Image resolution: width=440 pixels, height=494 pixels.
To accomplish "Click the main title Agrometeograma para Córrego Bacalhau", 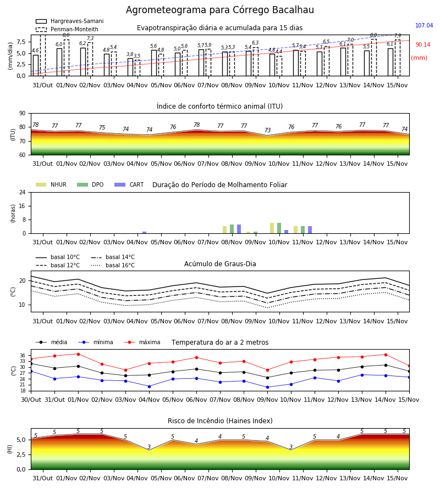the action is click(x=219, y=10).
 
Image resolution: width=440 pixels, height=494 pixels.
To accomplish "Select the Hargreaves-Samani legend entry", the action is click(x=69, y=21).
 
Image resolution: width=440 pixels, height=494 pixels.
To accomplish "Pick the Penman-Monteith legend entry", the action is click(x=67, y=29).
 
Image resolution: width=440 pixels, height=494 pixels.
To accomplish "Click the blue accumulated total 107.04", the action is click(x=424, y=25).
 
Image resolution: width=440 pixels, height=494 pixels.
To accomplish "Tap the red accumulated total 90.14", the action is click(x=423, y=45).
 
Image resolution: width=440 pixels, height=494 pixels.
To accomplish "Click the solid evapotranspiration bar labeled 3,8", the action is click(x=130, y=67).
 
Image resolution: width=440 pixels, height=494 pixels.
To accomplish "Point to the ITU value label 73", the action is click(x=268, y=130).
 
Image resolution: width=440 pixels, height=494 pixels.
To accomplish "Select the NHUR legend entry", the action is click(x=51, y=184).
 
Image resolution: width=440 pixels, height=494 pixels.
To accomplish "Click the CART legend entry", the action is click(x=129, y=184).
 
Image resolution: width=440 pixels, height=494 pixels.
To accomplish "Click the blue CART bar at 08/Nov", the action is click(x=239, y=229).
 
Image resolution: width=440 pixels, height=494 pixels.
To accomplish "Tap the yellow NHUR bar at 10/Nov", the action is click(x=272, y=228).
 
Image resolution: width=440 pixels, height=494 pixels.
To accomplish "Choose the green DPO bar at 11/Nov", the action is click(x=302, y=229).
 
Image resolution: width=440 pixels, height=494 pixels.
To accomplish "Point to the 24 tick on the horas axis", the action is click(x=23, y=192).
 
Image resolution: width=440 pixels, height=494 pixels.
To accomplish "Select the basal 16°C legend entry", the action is click(x=113, y=265).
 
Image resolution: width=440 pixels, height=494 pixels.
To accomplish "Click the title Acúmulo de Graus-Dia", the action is click(x=220, y=263).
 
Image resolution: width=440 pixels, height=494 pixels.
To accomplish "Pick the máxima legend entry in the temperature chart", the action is click(x=142, y=342).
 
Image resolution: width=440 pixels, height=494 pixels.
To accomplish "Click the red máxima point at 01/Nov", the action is click(x=78, y=354).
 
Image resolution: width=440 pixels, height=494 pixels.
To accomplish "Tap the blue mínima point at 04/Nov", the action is click(x=149, y=386).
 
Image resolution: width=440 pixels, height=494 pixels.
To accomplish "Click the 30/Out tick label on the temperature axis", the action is click(x=31, y=400).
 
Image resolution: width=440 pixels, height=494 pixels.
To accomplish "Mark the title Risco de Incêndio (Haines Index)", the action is click(x=220, y=421).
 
